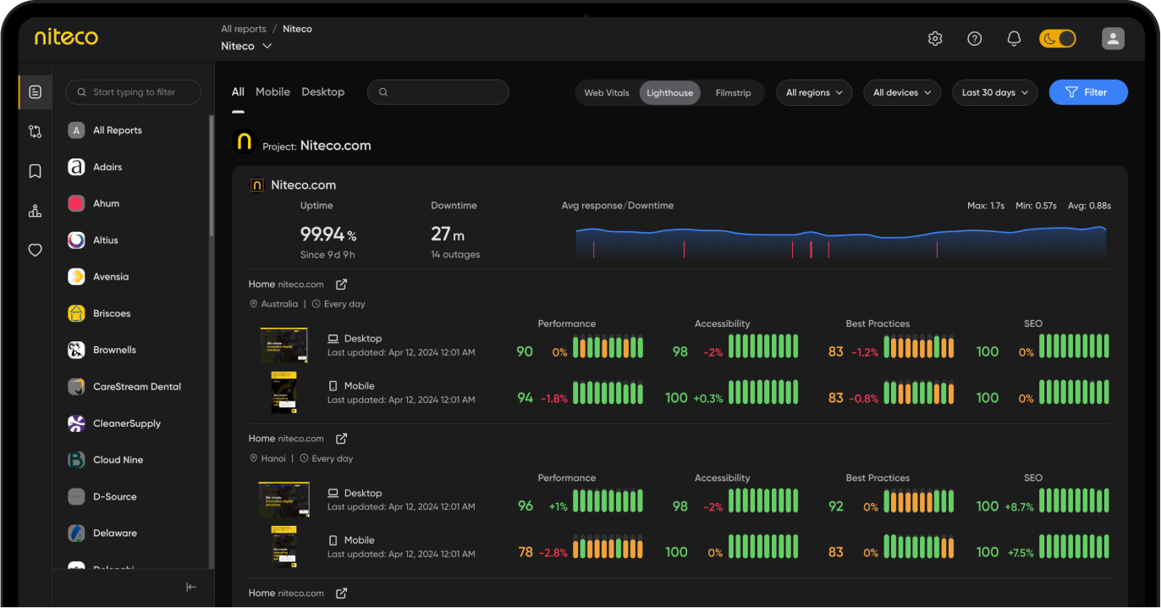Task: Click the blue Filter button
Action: coord(1087,92)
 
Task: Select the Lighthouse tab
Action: coord(669,93)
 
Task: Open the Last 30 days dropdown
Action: coord(994,93)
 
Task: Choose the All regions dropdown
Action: coord(813,93)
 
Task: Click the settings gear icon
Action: coord(935,39)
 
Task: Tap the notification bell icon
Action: coord(1014,39)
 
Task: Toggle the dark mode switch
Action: coord(1057,39)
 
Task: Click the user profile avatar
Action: coord(1113,38)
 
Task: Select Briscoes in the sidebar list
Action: coord(111,313)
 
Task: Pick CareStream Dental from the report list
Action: coord(136,386)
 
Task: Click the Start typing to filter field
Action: coord(134,92)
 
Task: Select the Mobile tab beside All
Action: coord(272,91)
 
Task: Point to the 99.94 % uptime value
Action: coord(328,235)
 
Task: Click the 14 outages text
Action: coord(455,255)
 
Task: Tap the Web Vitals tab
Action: coord(607,93)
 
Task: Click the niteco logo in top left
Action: coord(66,37)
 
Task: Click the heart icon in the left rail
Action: coord(35,251)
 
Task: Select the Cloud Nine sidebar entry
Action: coord(117,460)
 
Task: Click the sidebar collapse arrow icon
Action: coord(191,587)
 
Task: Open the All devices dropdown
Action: coord(901,93)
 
